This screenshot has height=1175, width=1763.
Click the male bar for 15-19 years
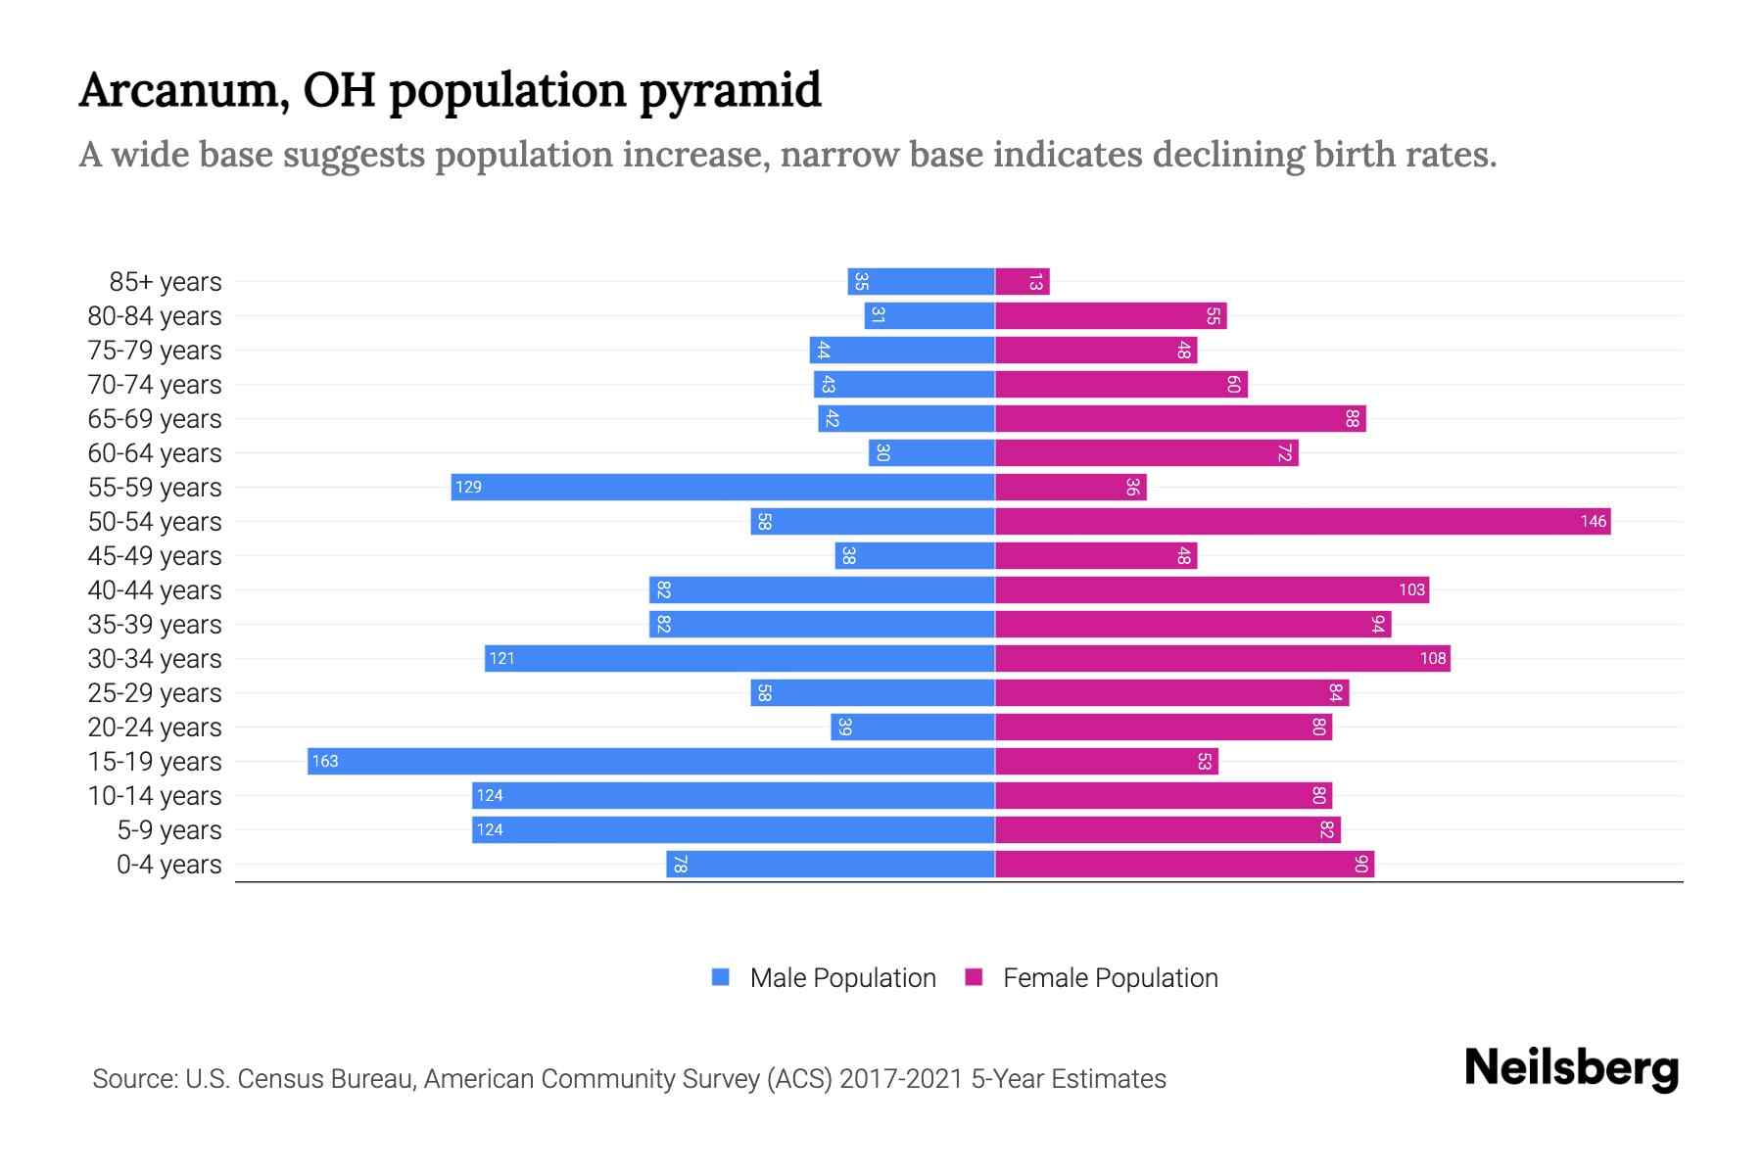point(650,761)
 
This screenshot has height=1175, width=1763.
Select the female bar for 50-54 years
point(1303,521)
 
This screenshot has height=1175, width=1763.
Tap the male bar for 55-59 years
point(723,487)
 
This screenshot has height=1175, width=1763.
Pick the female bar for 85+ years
point(1022,281)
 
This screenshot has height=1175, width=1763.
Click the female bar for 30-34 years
point(1222,658)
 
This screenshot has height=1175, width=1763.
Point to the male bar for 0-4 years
point(831,864)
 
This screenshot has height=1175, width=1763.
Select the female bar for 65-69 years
point(1180,418)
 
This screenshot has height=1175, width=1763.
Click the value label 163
point(325,761)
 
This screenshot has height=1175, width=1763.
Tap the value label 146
point(1593,521)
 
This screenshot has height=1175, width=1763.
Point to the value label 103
point(1411,589)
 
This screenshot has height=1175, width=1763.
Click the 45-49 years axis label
point(155,555)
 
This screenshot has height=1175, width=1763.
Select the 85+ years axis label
point(166,281)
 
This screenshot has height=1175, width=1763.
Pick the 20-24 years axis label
point(155,727)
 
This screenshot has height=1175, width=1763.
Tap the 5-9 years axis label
point(169,829)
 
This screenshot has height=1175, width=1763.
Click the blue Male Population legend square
point(721,977)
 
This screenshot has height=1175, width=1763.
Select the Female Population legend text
point(1110,977)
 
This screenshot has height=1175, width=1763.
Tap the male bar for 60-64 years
point(931,452)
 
